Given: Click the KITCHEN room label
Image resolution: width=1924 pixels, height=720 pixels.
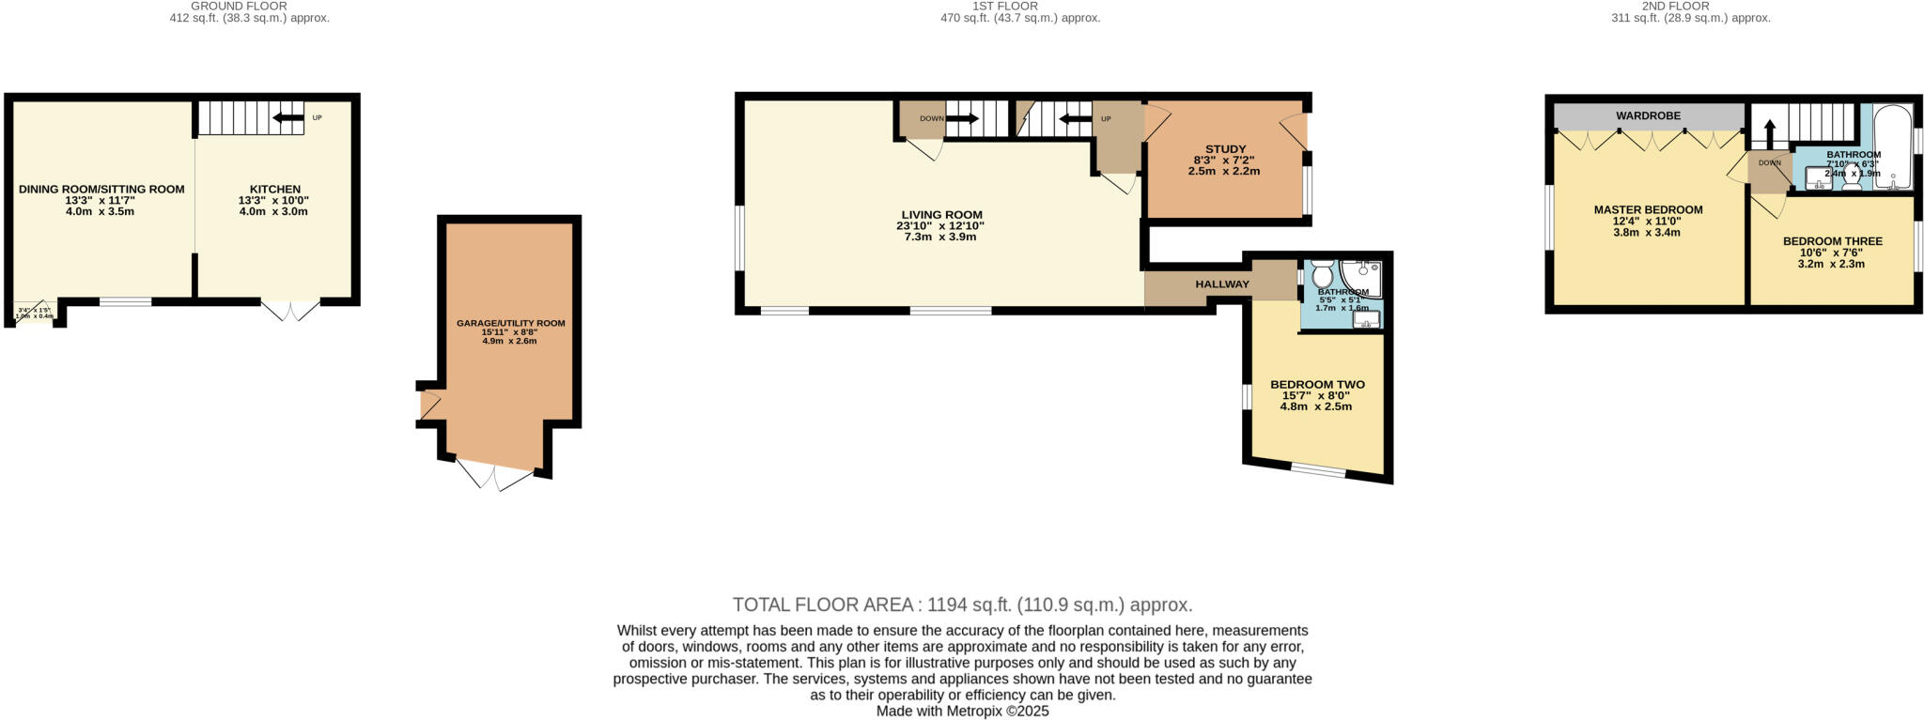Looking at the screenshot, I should [274, 190].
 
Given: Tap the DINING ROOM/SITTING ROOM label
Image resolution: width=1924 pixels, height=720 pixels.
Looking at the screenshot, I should [101, 190].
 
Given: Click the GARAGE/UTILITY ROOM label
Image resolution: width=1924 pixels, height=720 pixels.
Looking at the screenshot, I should [510, 323].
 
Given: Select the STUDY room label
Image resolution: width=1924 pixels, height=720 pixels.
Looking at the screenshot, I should [1225, 149].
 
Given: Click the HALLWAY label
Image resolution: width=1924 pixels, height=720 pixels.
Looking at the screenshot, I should [1221, 284].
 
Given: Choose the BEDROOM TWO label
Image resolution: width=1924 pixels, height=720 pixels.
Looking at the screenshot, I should [1317, 385].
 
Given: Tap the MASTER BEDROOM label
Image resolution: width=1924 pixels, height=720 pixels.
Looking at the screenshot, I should [1648, 210].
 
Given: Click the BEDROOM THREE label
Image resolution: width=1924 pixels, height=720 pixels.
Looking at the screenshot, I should [1832, 241].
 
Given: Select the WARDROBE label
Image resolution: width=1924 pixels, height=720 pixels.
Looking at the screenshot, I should [1648, 115].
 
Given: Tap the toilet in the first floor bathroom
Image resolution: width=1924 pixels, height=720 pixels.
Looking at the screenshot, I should [1322, 274].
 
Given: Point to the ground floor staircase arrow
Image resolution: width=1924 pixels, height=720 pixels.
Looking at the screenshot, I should [288, 118].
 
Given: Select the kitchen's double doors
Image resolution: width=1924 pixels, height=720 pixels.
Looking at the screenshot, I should [290, 310].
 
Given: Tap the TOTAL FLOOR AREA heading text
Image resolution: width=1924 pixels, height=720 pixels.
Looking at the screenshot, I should [962, 605].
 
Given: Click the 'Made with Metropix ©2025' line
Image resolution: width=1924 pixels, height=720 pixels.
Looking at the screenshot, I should [962, 712].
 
